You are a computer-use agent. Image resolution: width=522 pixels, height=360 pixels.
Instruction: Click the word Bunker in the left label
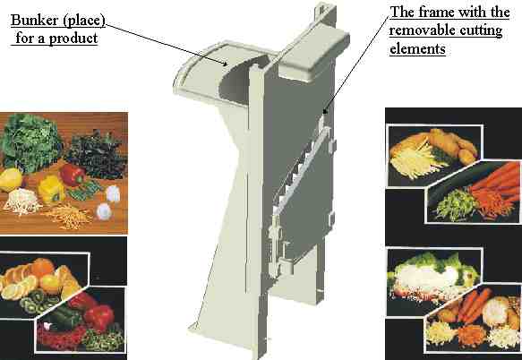[x=34, y=21]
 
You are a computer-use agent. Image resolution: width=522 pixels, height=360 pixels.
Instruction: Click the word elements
[x=417, y=49]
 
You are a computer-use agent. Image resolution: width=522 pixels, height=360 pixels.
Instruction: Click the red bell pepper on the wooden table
[x=73, y=175]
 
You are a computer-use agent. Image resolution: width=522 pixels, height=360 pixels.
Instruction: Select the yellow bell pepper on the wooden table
[x=51, y=189]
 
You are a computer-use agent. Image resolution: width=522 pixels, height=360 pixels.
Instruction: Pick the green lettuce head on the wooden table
[x=30, y=142]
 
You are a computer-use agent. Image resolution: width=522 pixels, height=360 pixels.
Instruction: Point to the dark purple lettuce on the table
[x=96, y=155]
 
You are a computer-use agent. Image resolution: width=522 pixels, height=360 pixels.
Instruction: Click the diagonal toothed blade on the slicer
[x=301, y=169]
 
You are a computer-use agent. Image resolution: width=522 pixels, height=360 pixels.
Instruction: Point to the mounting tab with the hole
[x=322, y=9]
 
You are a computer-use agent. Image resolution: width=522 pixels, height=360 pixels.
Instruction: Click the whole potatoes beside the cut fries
[x=453, y=146]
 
